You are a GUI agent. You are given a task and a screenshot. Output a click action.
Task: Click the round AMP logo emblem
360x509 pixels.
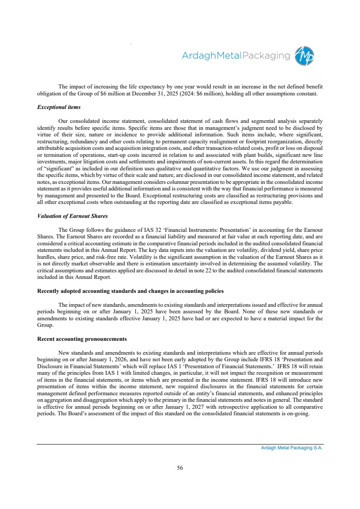pyautogui.click(x=304, y=56)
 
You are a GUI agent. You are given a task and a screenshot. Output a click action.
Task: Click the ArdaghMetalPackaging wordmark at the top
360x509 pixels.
pyautogui.click(x=235, y=56)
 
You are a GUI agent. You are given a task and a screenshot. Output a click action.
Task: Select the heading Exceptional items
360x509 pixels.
pyautogui.click(x=59, y=107)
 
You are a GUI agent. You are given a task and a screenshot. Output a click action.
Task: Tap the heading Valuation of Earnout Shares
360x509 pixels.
pyautogui.click(x=72, y=217)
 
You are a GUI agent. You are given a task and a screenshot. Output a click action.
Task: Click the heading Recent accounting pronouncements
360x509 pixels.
pyautogui.click(x=82, y=339)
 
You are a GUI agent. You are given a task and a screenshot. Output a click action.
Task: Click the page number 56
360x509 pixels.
pyautogui.click(x=180, y=468)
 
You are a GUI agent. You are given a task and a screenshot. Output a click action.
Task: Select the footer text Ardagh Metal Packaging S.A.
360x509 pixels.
pyautogui.click(x=289, y=448)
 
